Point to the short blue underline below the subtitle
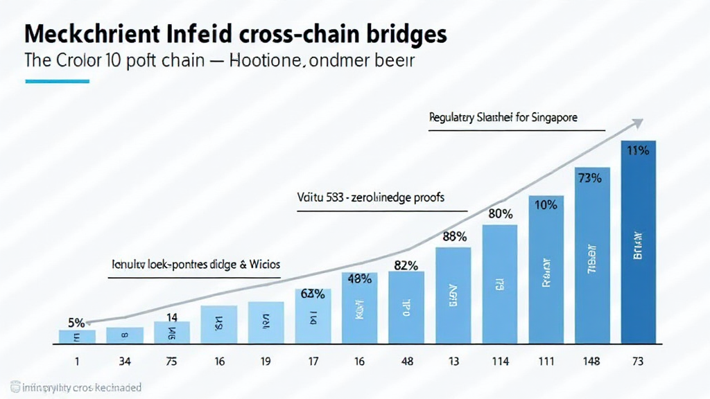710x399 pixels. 57,81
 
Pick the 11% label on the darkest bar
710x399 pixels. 638,150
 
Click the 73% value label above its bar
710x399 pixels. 590,177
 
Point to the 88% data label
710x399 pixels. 453,237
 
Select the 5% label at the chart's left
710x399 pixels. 76,322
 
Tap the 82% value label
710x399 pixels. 406,265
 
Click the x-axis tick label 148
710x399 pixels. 591,361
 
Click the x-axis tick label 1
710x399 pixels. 77,361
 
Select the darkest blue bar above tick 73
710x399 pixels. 638,249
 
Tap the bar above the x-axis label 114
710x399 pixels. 499,284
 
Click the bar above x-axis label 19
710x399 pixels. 266,322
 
